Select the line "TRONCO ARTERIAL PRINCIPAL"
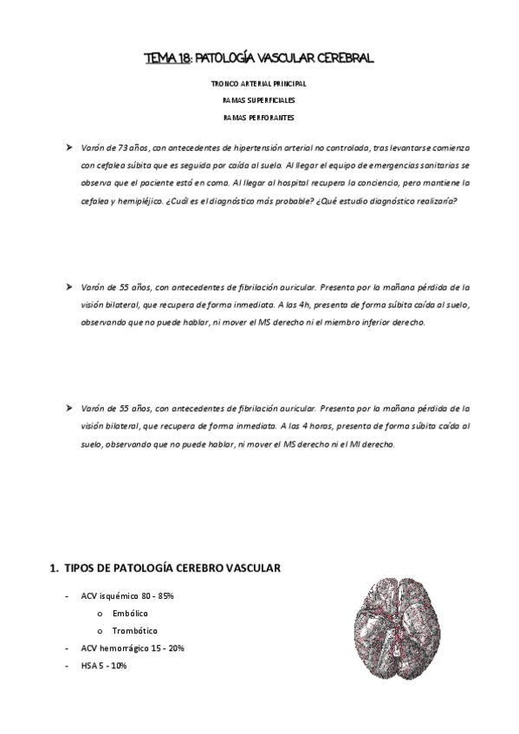pos(259,85)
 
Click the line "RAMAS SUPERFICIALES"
pos(259,101)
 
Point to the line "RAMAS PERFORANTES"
pos(259,118)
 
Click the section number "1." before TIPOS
pos(55,569)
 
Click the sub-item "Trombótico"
pos(135,631)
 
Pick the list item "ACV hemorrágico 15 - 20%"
pos(133,647)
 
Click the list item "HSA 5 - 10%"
pos(104,665)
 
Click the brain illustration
pos(399,631)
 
